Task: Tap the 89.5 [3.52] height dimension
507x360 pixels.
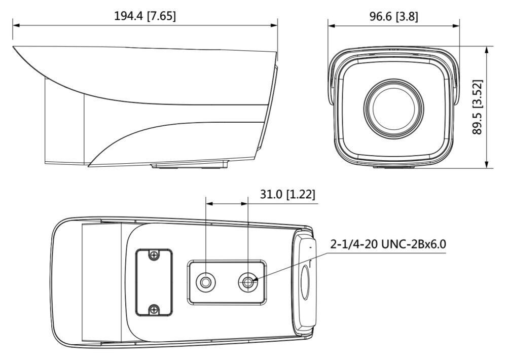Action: [477, 106]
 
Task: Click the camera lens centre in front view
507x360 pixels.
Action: [393, 106]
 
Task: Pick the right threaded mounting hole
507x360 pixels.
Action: [248, 281]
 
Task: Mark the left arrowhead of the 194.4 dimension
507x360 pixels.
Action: [16, 24]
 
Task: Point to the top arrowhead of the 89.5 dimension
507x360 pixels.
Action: [487, 50]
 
